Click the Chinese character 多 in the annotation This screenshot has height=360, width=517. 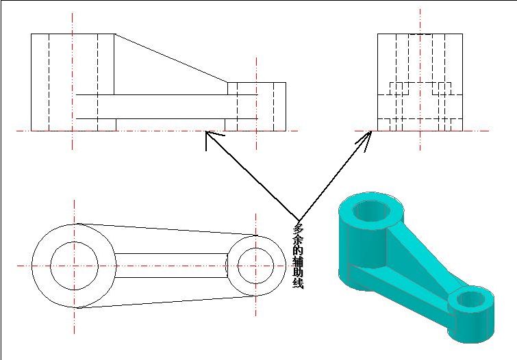point(298,229)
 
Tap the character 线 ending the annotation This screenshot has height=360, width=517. point(298,283)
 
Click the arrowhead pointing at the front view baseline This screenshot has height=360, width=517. point(211,138)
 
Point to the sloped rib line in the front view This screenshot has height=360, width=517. point(171,58)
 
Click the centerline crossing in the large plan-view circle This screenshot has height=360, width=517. point(74,266)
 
